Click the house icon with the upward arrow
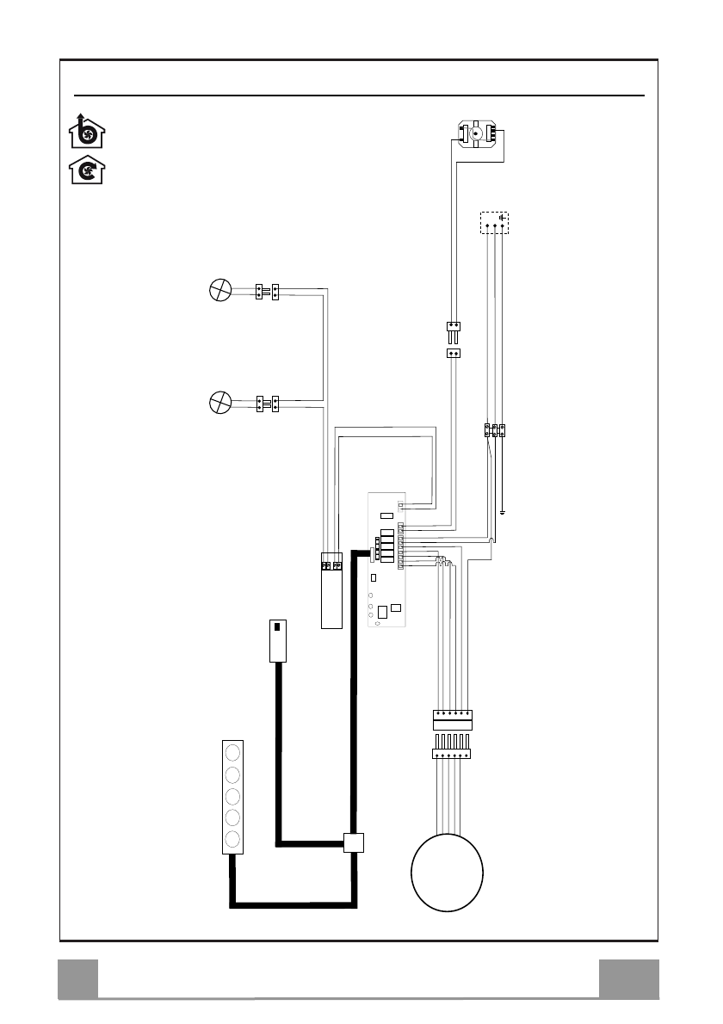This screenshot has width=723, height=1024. [87, 132]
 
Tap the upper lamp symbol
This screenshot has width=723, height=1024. [221, 290]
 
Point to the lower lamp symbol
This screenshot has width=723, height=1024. [221, 401]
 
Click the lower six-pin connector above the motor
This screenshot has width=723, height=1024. [451, 754]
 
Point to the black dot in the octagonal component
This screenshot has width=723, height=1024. [476, 135]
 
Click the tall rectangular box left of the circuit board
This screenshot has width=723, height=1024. [331, 589]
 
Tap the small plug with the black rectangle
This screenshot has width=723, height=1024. [277, 640]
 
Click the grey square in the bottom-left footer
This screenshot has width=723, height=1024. [77, 979]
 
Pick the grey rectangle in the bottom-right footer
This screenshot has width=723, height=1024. [629, 979]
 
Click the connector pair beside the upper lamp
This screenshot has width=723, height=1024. [268, 291]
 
